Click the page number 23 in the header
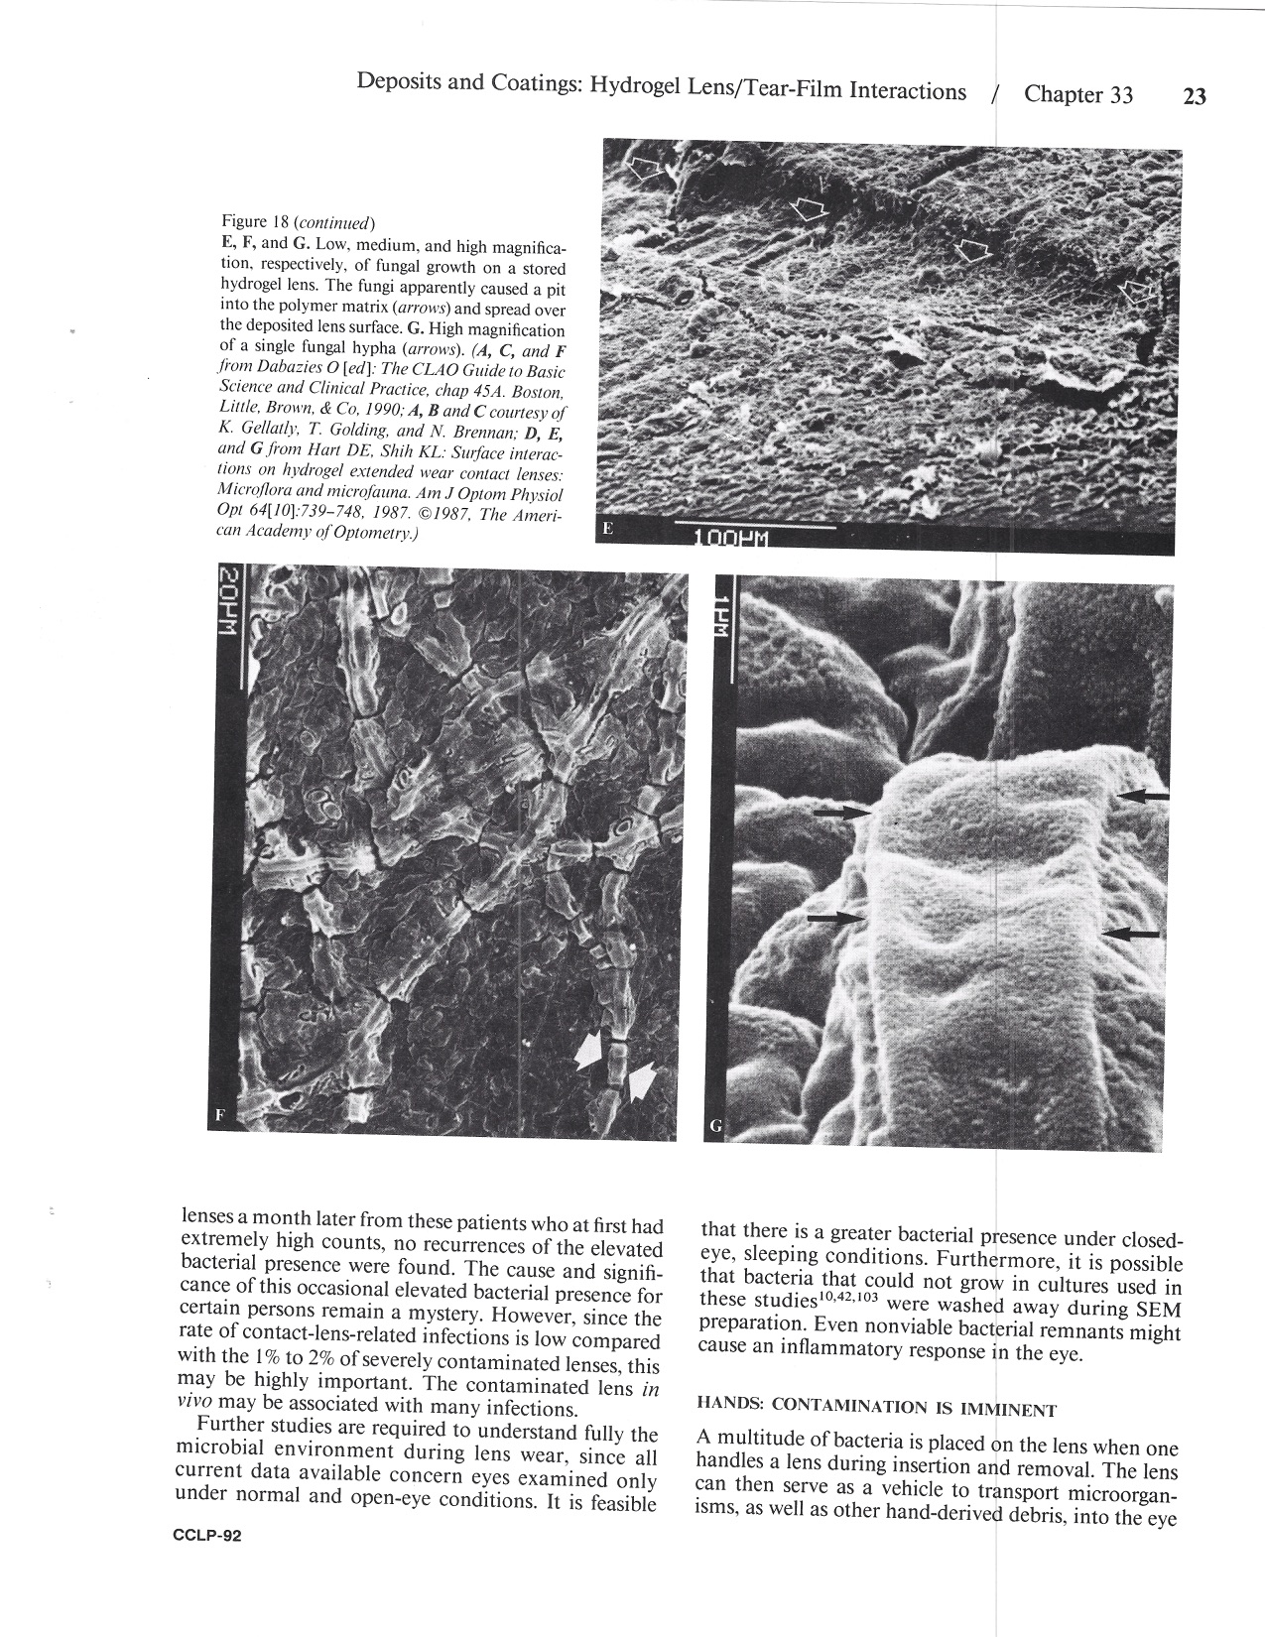(x=1194, y=96)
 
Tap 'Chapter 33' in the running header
(x=1077, y=94)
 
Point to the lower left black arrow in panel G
(x=835, y=919)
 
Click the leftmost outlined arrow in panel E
(x=649, y=169)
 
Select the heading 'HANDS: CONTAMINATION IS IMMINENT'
(x=876, y=1408)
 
